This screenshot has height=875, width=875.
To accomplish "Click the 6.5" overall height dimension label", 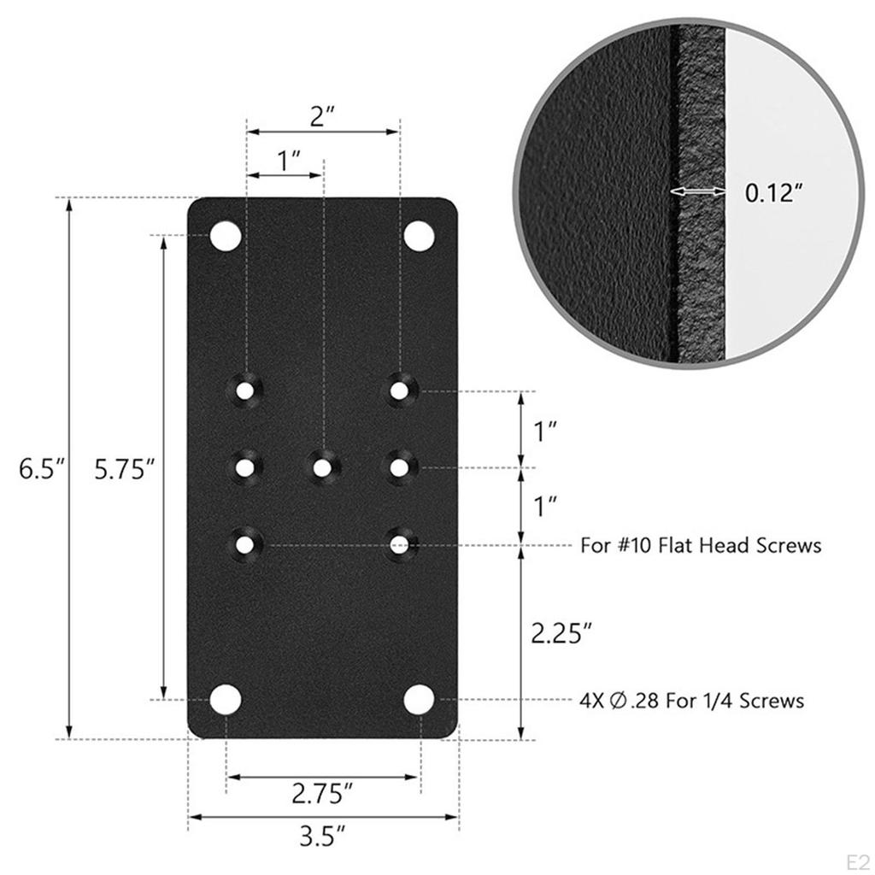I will coord(42,469).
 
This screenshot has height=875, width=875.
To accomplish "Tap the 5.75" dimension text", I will coord(124,469).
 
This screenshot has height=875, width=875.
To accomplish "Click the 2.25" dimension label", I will coord(561,633).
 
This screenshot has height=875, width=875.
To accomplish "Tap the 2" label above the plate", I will coord(321,115).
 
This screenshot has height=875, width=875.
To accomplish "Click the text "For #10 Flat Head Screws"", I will coord(701,544).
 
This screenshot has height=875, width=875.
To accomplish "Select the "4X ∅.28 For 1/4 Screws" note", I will coord(691,701).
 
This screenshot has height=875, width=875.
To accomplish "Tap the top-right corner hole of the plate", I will coord(419,237).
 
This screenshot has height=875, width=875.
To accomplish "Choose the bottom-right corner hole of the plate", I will coord(419,700).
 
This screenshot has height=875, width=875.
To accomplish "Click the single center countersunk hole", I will coord(322,467).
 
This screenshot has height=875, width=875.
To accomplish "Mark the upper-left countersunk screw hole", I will coord(246,391).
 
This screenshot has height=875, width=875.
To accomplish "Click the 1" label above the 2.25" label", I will coord(546,506).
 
